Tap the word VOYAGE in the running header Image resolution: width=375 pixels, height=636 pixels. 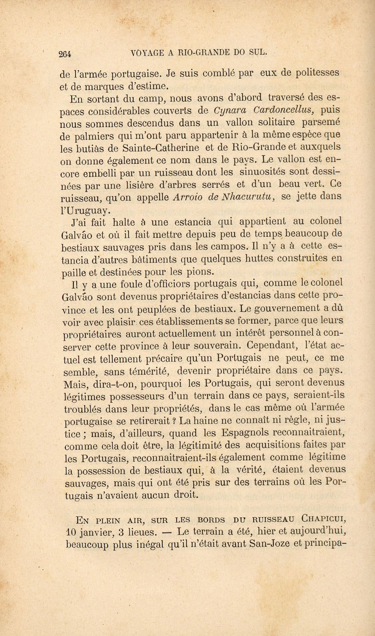147,52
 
